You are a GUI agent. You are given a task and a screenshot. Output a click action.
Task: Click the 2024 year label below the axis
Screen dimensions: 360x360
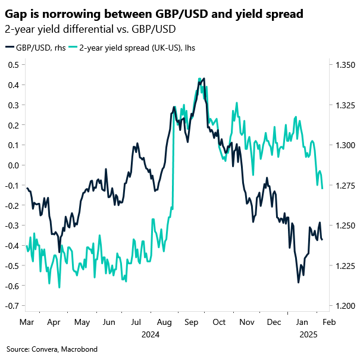tap(151, 334)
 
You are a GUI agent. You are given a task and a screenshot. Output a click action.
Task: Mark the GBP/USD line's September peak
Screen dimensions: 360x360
tap(204, 78)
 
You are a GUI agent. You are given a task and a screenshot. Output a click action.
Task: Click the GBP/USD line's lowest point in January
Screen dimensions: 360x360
tap(298, 282)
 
